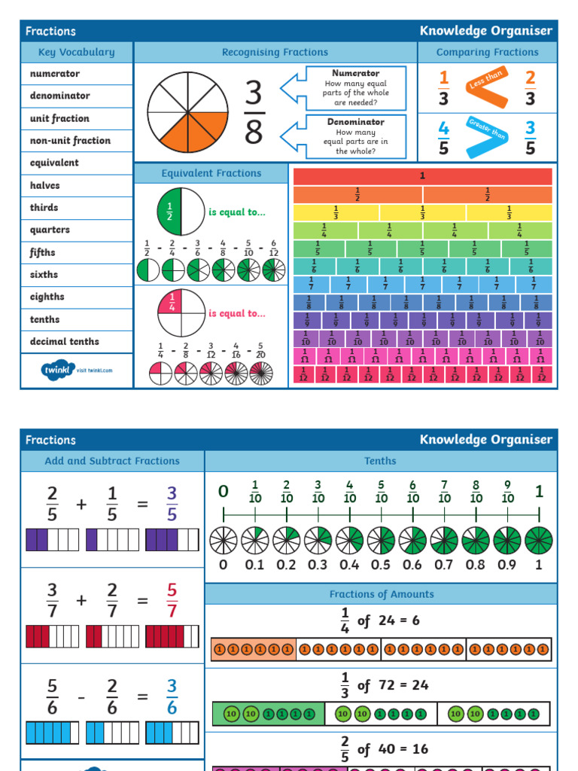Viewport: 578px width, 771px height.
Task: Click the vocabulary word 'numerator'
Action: pos(54,74)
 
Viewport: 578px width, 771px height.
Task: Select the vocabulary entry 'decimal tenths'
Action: pos(64,341)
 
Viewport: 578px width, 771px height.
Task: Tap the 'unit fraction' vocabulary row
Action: pos(59,118)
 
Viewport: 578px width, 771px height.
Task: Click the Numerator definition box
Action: pos(355,88)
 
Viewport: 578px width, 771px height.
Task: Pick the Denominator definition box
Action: pos(355,136)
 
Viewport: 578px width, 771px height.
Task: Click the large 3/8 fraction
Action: pos(254,113)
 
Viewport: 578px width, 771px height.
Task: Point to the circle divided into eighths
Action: pos(187,112)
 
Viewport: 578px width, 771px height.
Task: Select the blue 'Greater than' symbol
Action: pos(486,136)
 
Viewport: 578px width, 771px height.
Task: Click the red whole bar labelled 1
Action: pos(422,176)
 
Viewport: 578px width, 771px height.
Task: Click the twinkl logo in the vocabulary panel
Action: pos(76,370)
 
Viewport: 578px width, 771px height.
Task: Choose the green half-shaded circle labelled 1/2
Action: pos(181,211)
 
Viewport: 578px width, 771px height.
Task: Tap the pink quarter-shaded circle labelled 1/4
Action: pos(181,312)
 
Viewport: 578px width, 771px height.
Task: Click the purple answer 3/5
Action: pos(172,504)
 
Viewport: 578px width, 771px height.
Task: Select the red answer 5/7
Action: pos(172,600)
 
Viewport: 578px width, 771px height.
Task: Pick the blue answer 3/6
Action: pos(172,696)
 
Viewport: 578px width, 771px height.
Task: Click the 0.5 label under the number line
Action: pos(381,565)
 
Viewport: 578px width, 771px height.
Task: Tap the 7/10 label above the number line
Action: pos(444,492)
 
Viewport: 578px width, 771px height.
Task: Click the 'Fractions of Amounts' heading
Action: pos(382,594)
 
